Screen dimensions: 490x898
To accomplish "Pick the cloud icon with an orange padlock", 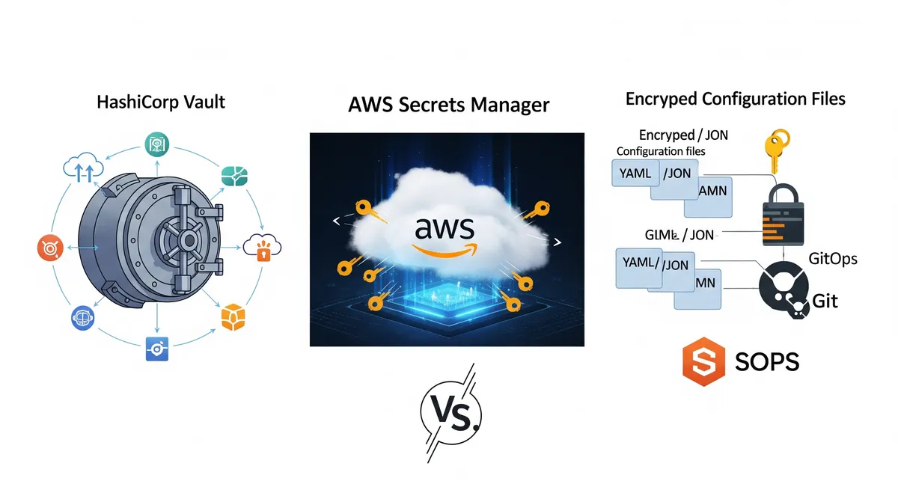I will (x=262, y=248).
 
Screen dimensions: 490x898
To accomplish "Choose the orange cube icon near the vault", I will (x=234, y=316).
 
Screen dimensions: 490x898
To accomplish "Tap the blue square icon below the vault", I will (x=157, y=349).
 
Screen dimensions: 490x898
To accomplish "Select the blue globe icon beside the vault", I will (x=82, y=318).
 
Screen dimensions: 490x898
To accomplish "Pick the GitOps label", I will (x=833, y=259).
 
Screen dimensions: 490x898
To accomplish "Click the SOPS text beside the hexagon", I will (x=767, y=362).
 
